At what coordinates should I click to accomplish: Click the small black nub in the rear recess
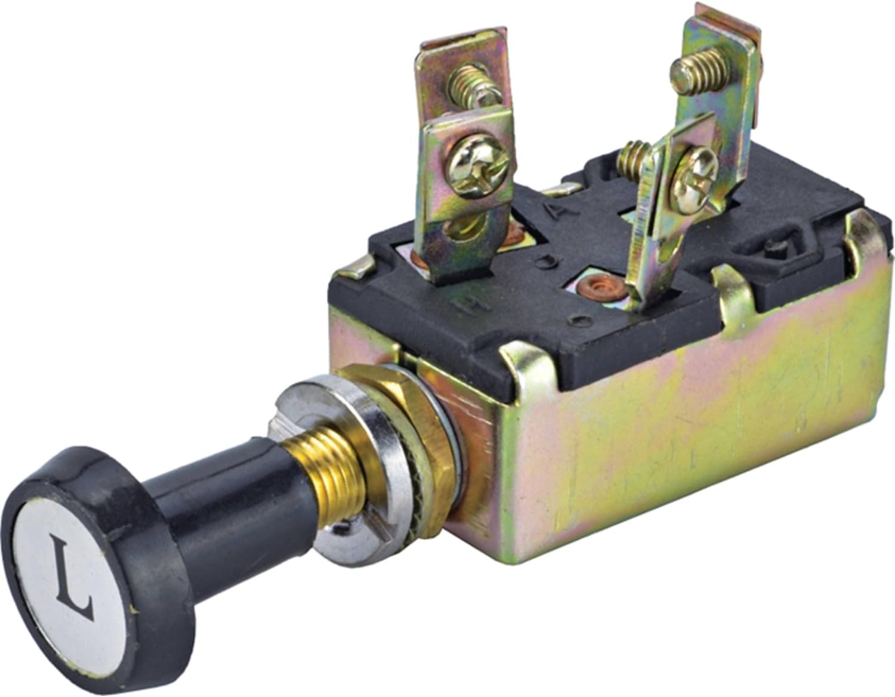[776, 246]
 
